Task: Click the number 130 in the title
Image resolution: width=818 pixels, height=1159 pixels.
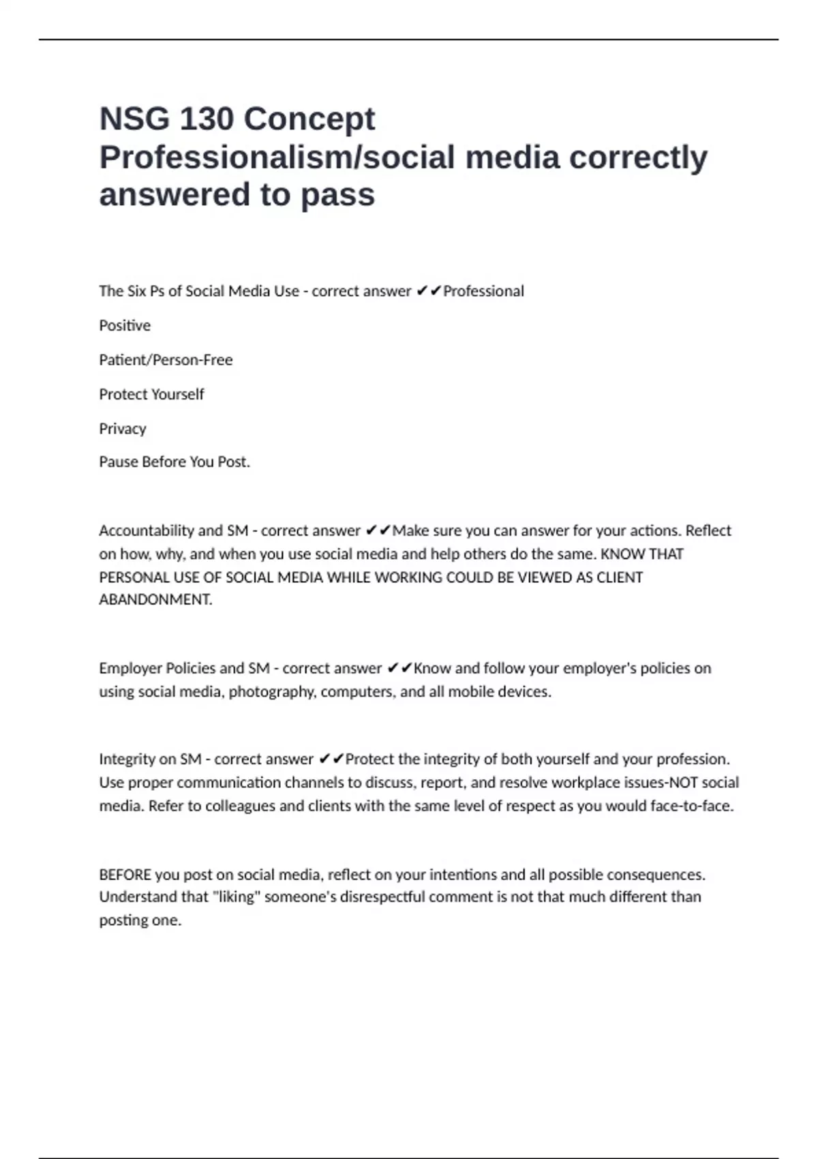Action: (x=205, y=119)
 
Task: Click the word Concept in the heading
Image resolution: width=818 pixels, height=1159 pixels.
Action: (x=309, y=119)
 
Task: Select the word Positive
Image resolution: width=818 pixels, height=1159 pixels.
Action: (x=125, y=326)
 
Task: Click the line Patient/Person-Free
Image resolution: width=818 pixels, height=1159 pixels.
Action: (x=166, y=360)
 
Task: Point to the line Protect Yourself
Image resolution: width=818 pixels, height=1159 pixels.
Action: (x=151, y=395)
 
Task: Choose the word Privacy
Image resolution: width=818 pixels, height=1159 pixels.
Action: (x=123, y=429)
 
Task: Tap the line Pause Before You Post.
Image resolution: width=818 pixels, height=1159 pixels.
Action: (x=175, y=462)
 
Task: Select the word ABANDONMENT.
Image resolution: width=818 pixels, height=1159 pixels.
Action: (x=155, y=600)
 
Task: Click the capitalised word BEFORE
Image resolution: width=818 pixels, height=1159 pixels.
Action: (x=125, y=875)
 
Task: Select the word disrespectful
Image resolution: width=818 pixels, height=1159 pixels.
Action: (x=382, y=897)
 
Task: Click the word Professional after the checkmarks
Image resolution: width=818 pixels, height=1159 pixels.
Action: (x=483, y=292)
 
